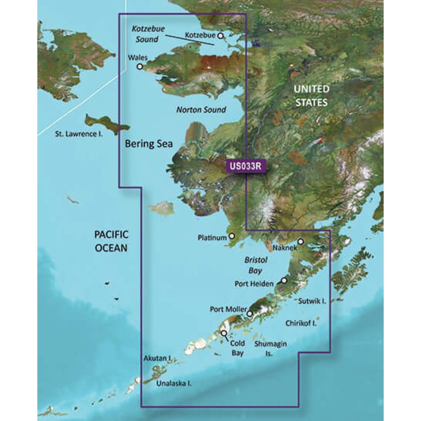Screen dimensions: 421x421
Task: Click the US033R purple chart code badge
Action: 246,166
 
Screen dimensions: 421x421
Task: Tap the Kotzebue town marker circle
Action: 221,36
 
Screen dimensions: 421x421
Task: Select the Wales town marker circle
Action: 140,67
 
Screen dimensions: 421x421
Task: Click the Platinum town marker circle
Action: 232,237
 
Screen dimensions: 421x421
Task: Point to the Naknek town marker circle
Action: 300,242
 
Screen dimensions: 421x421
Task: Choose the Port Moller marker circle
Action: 249,314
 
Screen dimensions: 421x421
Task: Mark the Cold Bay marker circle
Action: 224,333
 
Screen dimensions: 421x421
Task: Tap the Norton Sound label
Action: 201,110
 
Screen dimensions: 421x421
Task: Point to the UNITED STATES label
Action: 311,95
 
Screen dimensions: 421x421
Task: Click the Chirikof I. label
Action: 300,324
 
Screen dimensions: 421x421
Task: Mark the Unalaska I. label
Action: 174,384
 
